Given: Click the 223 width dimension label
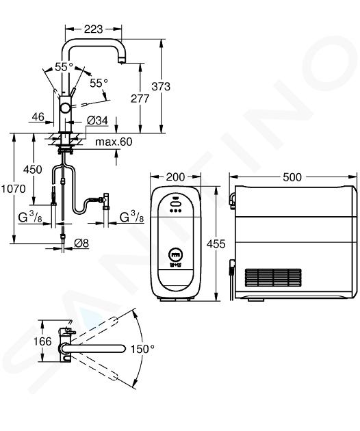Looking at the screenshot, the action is click(93, 29).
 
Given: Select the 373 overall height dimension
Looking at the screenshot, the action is click(161, 86).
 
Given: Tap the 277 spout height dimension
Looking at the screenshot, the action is click(140, 99).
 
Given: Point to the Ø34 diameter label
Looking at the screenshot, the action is click(97, 120).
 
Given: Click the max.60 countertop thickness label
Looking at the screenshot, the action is click(114, 142).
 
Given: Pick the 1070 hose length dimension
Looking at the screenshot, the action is click(13, 189).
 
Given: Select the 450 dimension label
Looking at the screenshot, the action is click(33, 170).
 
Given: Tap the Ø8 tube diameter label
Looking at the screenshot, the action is click(81, 243).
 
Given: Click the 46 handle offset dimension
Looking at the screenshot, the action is click(38, 117).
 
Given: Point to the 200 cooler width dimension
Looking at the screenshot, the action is click(175, 177).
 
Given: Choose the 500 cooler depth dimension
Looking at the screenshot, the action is click(292, 177).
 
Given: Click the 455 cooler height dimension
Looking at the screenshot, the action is click(216, 244).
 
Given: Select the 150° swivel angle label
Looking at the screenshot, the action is click(142, 349).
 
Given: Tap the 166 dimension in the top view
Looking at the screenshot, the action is click(42, 341).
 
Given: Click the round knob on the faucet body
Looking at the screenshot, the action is click(66, 107).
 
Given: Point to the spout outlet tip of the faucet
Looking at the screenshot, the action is click(121, 60).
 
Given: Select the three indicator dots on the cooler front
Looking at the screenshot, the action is click(175, 211).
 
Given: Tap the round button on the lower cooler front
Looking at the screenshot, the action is click(175, 254).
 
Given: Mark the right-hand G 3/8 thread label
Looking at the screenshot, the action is click(132, 218).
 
